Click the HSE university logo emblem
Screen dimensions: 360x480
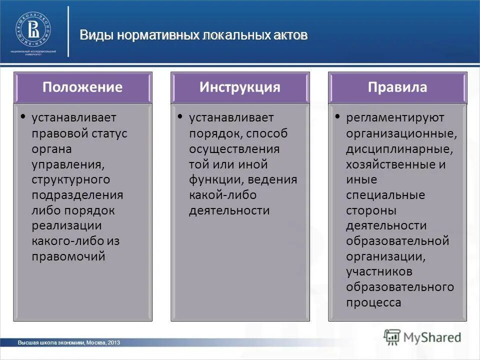pyautogui.click(x=33, y=29)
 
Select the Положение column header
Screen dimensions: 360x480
pyautogui.click(x=82, y=87)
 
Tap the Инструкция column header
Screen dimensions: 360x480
pyautogui.click(x=240, y=87)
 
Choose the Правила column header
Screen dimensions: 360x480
pyautogui.click(x=397, y=87)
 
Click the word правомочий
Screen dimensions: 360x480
pyautogui.click(x=68, y=256)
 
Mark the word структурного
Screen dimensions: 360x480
pyautogui.click(x=71, y=179)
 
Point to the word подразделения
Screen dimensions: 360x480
pyautogui.click(x=77, y=194)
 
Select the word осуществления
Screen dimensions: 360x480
pyautogui.click(x=234, y=148)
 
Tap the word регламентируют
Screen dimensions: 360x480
pyautogui.click(x=395, y=117)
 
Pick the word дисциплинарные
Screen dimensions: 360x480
pyautogui.click(x=399, y=148)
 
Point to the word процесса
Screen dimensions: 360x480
pyautogui.click(x=373, y=302)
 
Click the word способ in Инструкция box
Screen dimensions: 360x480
pyautogui.click(x=270, y=133)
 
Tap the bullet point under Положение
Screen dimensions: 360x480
pyautogui.click(x=23, y=116)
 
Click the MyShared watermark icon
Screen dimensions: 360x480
pyautogui.click(x=392, y=336)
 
